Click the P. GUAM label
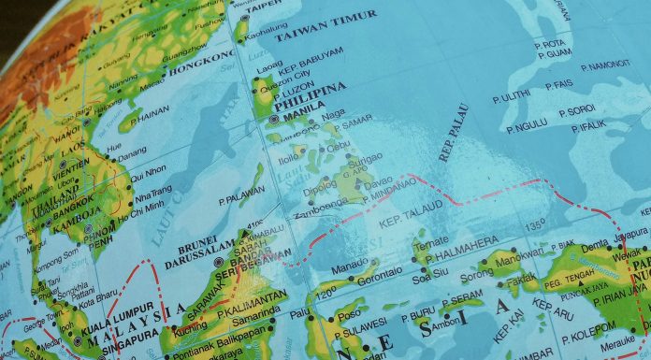point(553,52)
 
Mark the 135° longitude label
point(534,225)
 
